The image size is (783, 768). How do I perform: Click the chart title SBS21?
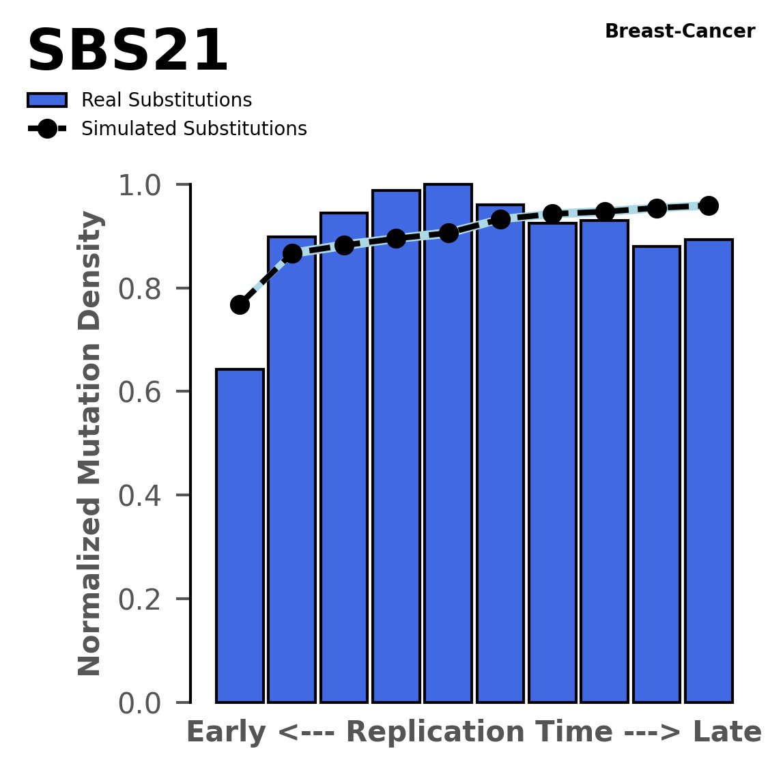click(127, 52)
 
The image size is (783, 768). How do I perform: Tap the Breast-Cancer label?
click(680, 31)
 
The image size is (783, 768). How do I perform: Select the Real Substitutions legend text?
click(167, 100)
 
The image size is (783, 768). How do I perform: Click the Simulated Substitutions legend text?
click(194, 129)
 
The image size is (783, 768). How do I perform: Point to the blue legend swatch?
click(47, 100)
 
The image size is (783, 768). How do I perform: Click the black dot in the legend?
click(47, 129)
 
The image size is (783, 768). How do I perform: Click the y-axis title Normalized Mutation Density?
click(90, 443)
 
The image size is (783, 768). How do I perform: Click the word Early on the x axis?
click(226, 733)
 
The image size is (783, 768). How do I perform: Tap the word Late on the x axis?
click(727, 733)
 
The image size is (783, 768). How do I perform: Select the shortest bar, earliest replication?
click(240, 536)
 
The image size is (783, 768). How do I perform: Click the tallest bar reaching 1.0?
click(448, 444)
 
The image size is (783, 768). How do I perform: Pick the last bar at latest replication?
click(709, 471)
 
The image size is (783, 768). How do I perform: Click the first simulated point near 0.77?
click(240, 304)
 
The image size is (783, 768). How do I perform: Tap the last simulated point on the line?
click(709, 205)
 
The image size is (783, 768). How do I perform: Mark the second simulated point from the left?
click(292, 253)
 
